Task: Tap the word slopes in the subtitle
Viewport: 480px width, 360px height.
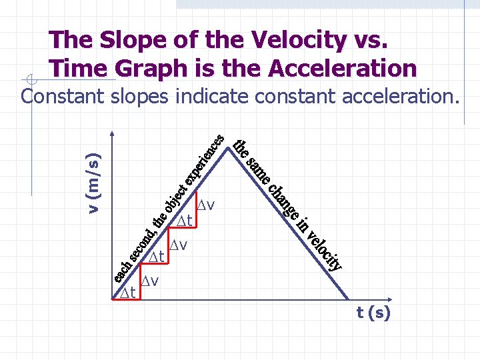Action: [x=139, y=97]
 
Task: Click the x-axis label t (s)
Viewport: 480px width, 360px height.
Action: [x=373, y=313]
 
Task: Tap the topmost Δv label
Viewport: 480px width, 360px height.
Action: [x=211, y=203]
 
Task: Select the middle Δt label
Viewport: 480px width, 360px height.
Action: [x=157, y=256]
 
